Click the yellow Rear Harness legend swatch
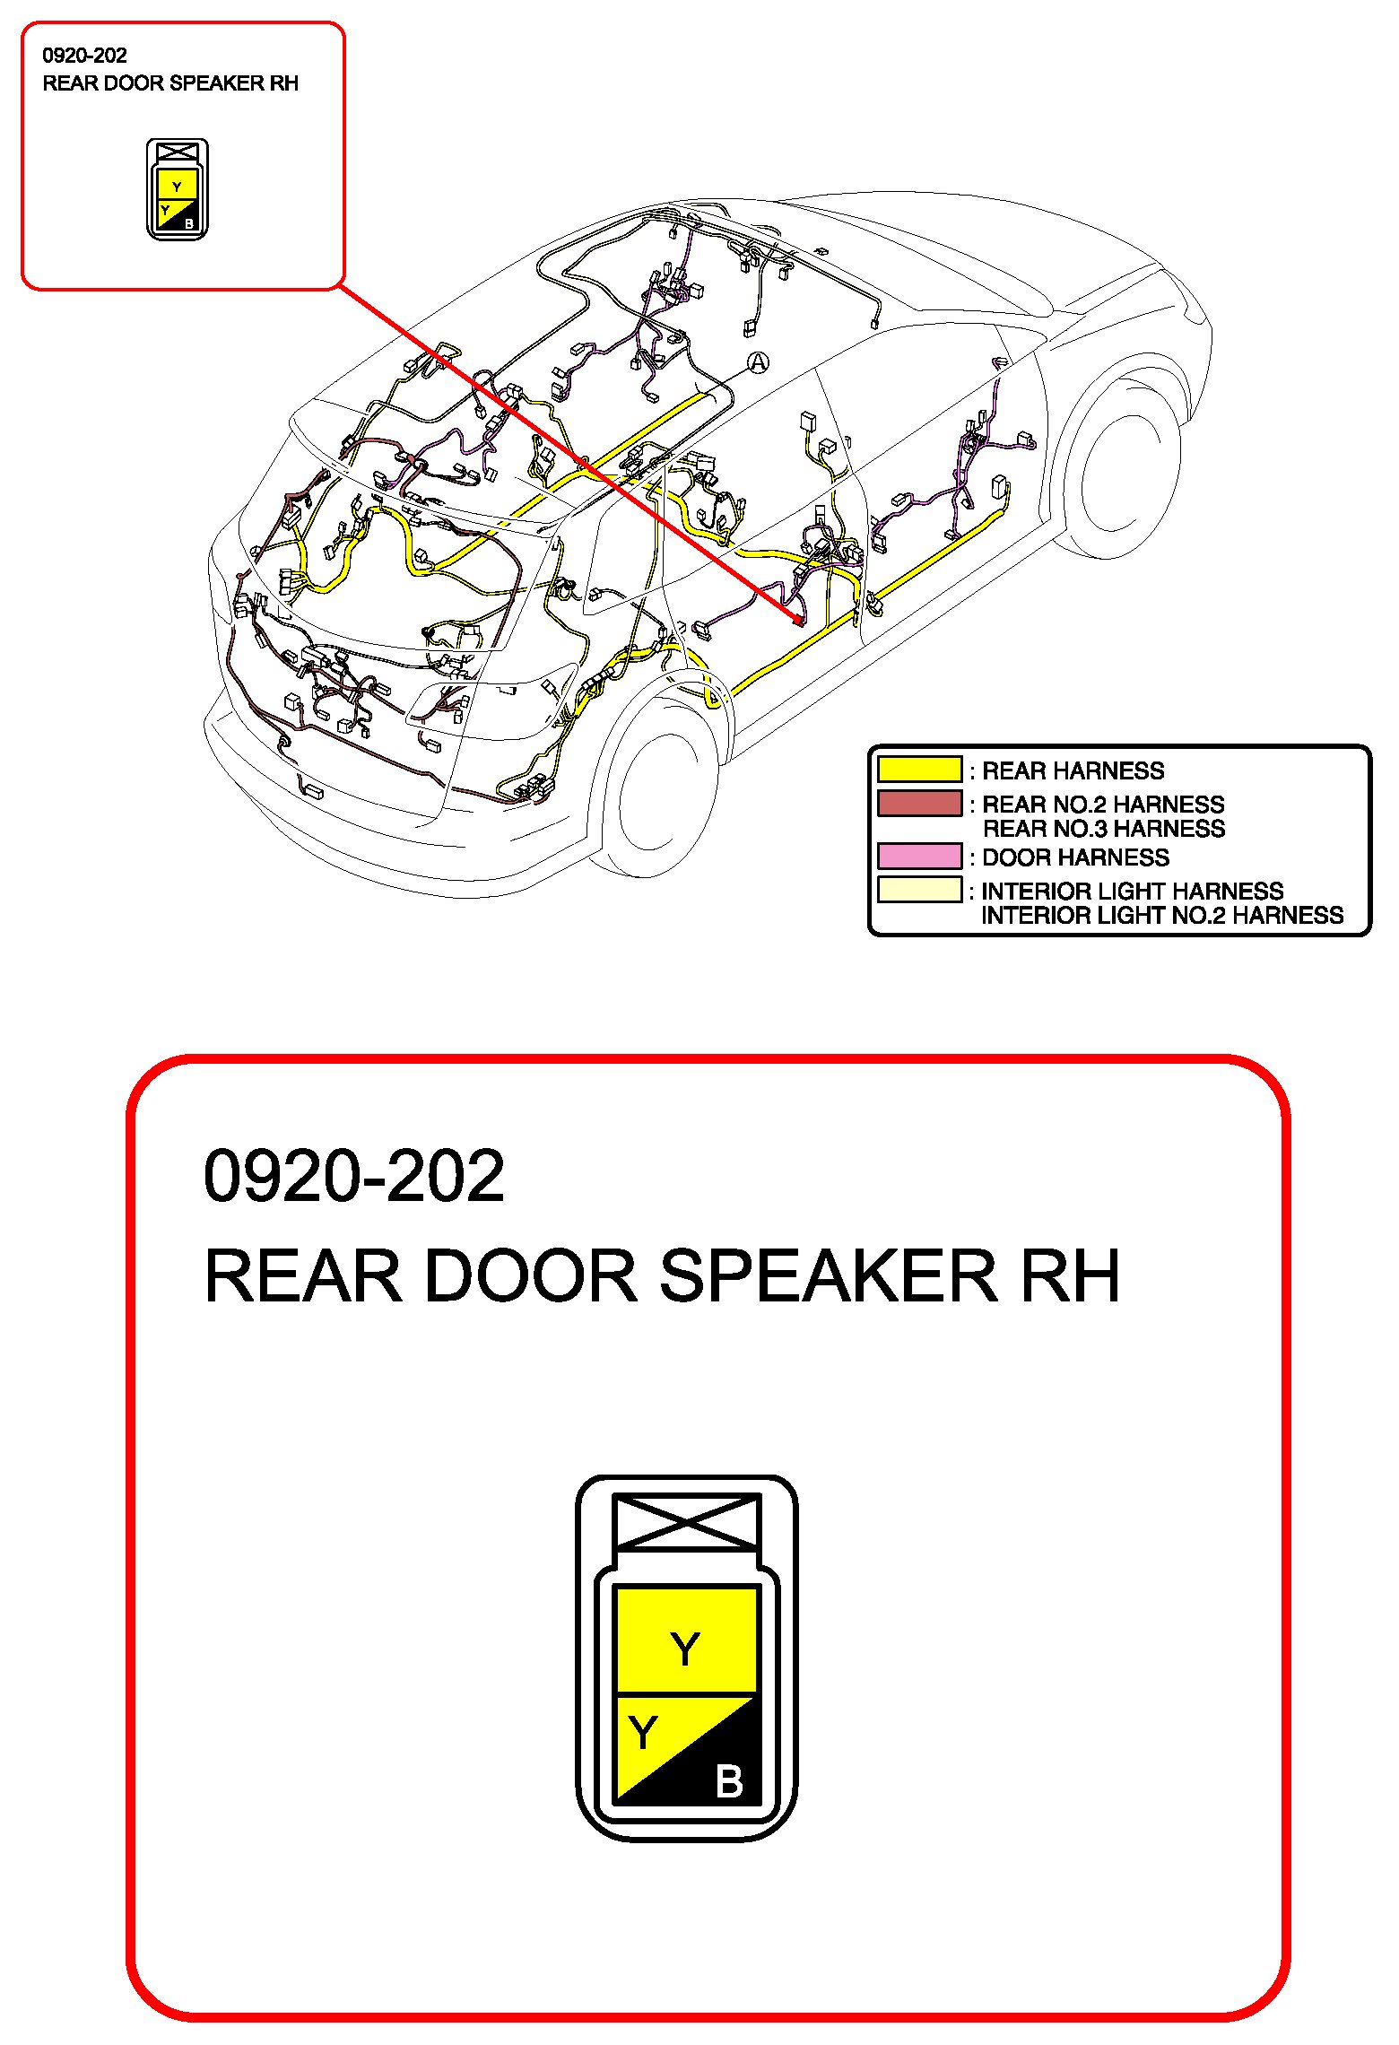(919, 770)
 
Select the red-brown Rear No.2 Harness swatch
(919, 803)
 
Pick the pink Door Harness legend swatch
(919, 857)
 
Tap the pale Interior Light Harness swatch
(919, 890)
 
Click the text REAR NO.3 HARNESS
(1103, 829)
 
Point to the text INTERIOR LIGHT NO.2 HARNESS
(1161, 916)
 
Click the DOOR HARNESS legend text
(1075, 857)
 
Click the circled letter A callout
(759, 362)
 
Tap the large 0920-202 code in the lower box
(354, 1176)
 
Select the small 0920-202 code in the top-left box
(84, 56)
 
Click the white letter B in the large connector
(729, 1781)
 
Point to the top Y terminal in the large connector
(685, 1649)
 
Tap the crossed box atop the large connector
(686, 1521)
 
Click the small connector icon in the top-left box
(177, 189)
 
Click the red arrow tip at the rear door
(797, 620)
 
